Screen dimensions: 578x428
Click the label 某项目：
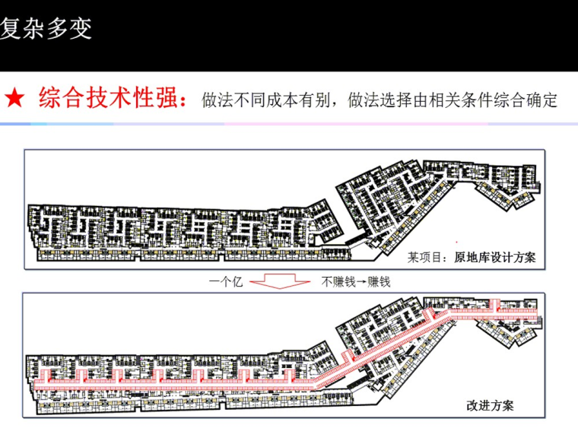click(x=430, y=258)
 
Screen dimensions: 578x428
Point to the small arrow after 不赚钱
click(x=360, y=281)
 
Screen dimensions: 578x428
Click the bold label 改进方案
click(x=490, y=404)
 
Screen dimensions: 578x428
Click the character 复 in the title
click(x=11, y=29)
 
